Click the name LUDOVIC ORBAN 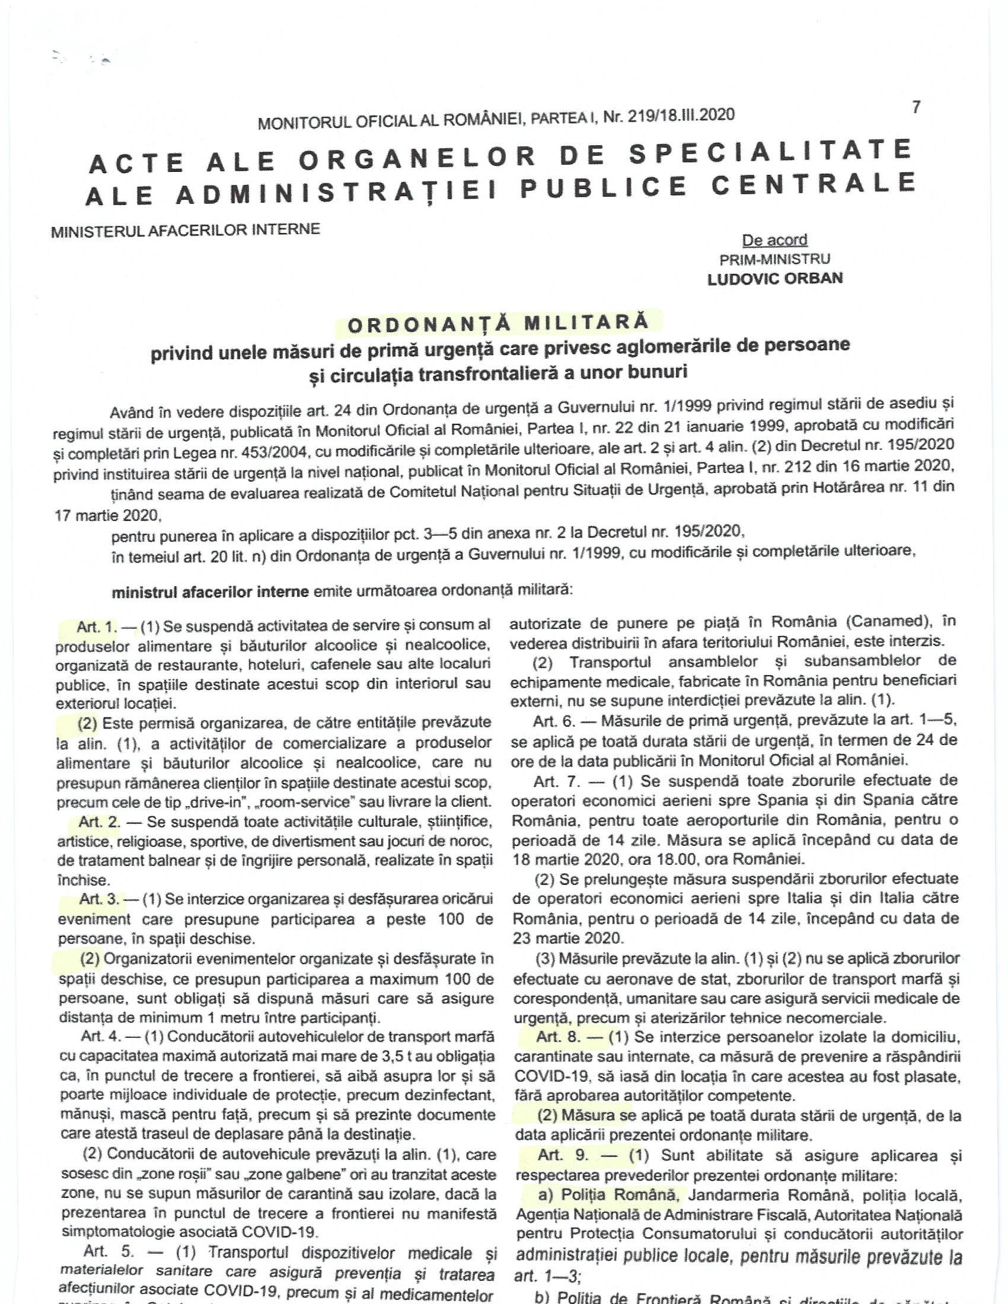coord(774,279)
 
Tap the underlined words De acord coord(774,240)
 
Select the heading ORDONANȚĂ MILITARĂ coord(498,322)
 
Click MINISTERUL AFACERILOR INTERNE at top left coord(186,230)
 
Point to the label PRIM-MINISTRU coord(774,259)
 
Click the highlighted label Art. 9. coord(563,1156)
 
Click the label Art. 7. coord(554,781)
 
